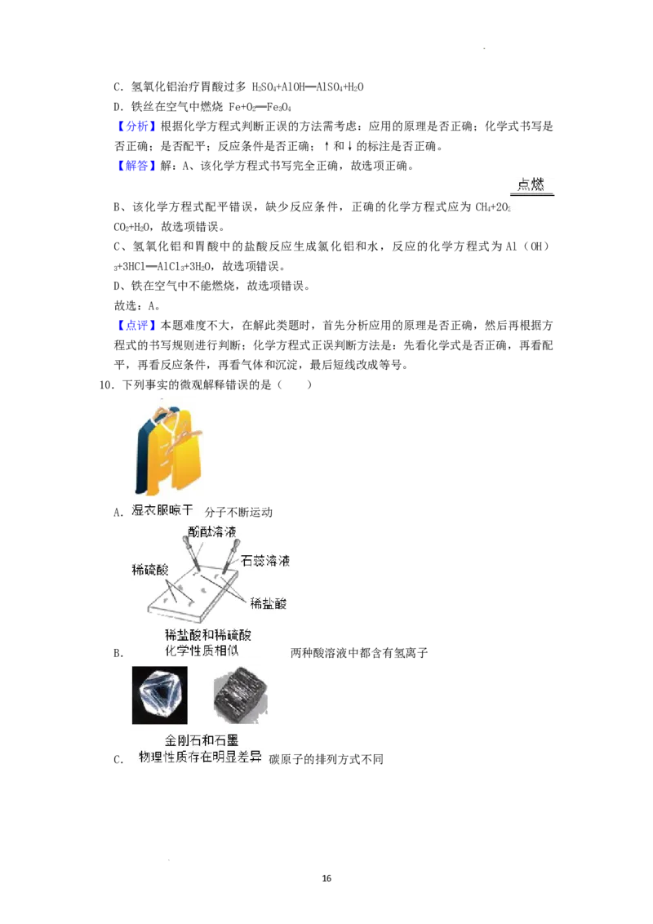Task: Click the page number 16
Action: tap(326, 878)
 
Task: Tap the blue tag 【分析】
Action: tap(136, 126)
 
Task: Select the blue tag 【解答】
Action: tap(136, 166)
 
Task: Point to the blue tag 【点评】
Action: tap(136, 326)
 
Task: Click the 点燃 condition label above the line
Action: tap(531, 184)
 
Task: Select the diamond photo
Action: tap(160, 695)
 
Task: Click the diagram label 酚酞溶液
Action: tap(212, 531)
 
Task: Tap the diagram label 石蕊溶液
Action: tap(265, 561)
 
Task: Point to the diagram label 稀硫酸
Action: tap(150, 569)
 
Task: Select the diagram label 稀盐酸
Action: tap(269, 603)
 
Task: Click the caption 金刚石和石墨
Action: tap(202, 740)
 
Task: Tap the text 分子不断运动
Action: tap(238, 512)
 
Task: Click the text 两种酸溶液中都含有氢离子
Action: tap(359, 653)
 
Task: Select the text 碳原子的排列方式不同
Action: tap(326, 759)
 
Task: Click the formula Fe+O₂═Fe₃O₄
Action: tap(260, 107)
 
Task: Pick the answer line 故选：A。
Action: tap(137, 306)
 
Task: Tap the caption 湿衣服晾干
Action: tap(162, 510)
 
